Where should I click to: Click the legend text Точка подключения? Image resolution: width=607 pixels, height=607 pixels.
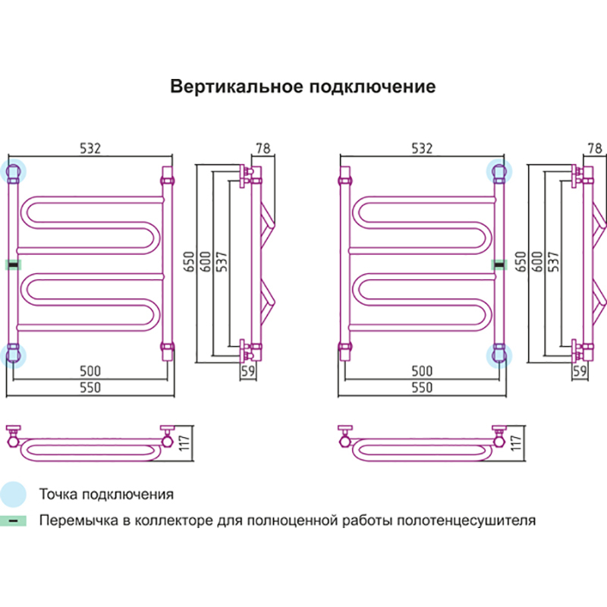point(106,495)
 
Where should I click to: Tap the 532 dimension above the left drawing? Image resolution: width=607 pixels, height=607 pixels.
point(90,149)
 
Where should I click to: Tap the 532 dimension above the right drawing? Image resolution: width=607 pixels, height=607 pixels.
point(421,149)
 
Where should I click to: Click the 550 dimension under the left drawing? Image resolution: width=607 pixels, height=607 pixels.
point(90,387)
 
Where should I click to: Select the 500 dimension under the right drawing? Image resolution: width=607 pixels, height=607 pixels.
point(421,371)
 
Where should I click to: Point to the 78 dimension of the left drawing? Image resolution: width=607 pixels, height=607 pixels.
point(263,149)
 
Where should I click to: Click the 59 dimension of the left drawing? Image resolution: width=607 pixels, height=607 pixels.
point(247,371)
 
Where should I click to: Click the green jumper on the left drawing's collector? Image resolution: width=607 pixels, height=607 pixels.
point(13,264)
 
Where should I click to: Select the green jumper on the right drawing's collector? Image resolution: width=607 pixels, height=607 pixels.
point(499,264)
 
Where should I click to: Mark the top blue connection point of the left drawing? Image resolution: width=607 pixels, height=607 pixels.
point(14,171)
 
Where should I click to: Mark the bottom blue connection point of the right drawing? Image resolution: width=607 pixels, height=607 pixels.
point(499,355)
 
